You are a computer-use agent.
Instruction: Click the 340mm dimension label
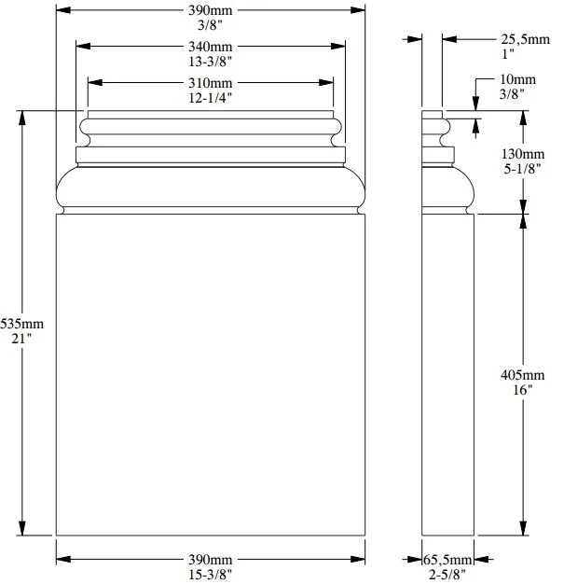click(x=210, y=47)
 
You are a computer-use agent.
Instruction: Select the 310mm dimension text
click(x=210, y=83)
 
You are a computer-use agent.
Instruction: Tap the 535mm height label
click(x=22, y=324)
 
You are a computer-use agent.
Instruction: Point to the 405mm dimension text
click(x=523, y=375)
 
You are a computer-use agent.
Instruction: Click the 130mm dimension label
click(x=523, y=154)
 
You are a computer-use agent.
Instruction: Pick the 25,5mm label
click(x=525, y=39)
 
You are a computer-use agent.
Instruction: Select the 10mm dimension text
click(x=517, y=79)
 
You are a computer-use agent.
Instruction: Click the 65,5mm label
click(x=447, y=560)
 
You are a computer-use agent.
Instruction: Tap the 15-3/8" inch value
click(x=210, y=575)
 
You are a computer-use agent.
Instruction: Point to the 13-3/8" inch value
click(x=210, y=62)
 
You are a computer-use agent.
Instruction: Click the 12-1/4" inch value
click(x=210, y=98)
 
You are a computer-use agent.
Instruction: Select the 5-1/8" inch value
click(x=522, y=169)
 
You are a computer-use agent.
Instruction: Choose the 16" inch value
click(x=523, y=390)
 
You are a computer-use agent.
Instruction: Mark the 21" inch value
click(x=21, y=339)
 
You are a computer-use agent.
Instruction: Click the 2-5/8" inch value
click(x=447, y=575)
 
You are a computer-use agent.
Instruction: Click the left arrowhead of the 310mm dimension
click(x=95, y=82)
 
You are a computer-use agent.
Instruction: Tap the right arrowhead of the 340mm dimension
click(x=338, y=47)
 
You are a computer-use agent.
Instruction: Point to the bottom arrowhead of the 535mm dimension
click(x=22, y=528)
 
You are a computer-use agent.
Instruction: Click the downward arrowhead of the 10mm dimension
click(x=475, y=104)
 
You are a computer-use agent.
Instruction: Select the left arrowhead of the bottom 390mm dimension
click(x=63, y=559)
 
